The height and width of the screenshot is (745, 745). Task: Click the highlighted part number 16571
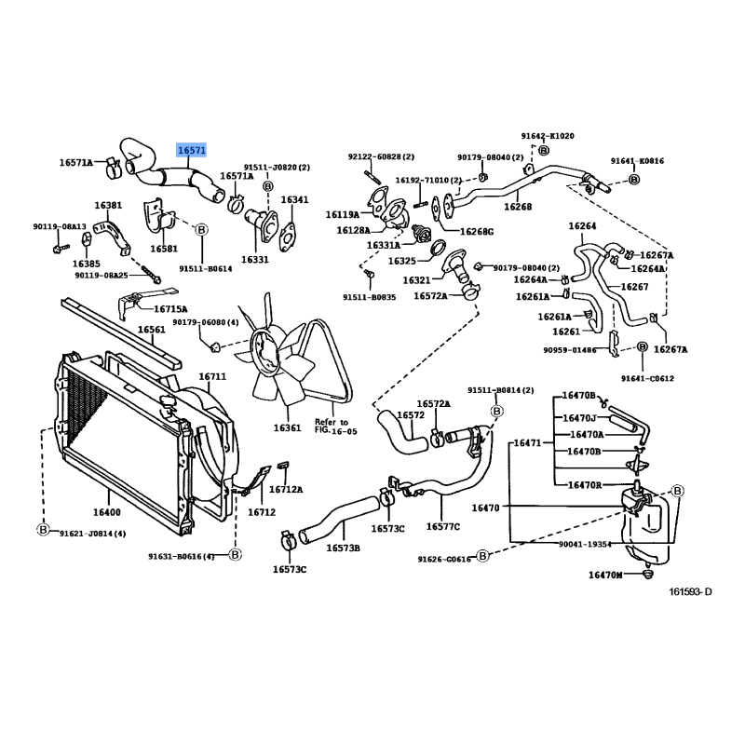click(x=192, y=149)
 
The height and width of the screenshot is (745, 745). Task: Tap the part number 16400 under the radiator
click(x=106, y=511)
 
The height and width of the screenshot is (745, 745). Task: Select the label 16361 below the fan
click(x=287, y=427)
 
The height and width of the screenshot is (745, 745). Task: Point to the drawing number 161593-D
click(x=690, y=591)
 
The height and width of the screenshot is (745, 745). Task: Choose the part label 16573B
click(x=343, y=548)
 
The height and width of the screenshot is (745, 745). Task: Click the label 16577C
click(x=444, y=526)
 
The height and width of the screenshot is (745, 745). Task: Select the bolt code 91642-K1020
click(x=549, y=136)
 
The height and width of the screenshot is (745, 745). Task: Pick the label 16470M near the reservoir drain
click(x=604, y=575)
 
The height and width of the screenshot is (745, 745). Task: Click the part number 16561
click(x=152, y=330)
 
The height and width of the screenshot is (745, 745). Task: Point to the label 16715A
click(x=170, y=308)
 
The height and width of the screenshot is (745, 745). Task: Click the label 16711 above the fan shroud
click(x=212, y=376)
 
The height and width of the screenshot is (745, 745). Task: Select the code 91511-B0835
click(x=369, y=297)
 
